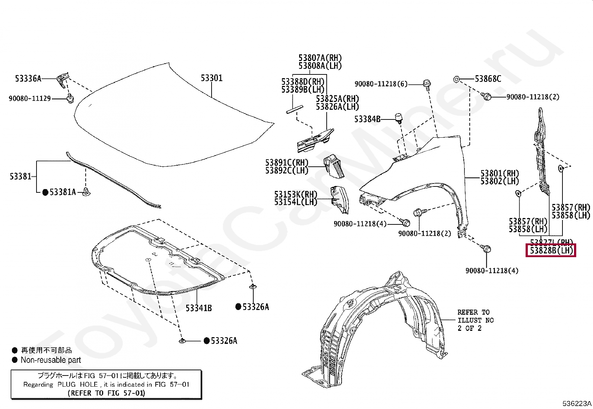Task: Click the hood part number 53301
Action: (211, 78)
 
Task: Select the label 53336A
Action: (28, 79)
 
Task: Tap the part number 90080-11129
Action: (30, 99)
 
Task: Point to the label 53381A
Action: (63, 192)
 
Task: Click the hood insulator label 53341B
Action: (199, 308)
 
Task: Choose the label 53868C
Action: (488, 79)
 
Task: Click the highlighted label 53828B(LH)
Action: (551, 250)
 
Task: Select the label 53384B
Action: (367, 119)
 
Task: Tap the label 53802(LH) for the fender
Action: (500, 181)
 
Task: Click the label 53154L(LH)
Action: (295, 202)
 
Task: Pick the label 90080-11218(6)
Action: (381, 84)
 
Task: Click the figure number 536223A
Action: (577, 403)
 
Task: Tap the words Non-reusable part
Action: (51, 360)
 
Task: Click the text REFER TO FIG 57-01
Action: (107, 393)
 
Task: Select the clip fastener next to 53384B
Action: (399, 118)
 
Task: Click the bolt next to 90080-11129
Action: (70, 99)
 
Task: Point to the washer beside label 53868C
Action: (456, 79)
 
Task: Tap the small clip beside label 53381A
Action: (87, 192)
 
